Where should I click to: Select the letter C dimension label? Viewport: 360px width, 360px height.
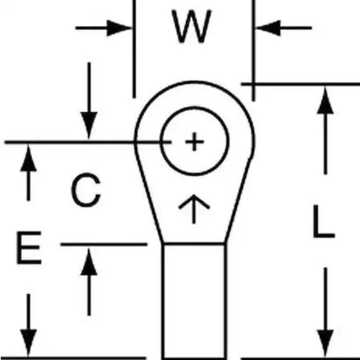[x=85, y=190]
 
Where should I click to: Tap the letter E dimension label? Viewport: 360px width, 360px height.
[x=28, y=250]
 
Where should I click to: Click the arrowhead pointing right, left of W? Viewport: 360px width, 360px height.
[x=121, y=27]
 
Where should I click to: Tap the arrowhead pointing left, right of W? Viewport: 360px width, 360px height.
[x=267, y=27]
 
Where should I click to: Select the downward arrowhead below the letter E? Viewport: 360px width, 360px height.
[x=28, y=340]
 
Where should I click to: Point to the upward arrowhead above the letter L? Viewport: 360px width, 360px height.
[x=325, y=101]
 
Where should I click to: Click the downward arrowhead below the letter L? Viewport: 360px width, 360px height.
[x=325, y=340]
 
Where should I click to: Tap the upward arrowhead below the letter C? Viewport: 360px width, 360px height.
[x=88, y=262]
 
